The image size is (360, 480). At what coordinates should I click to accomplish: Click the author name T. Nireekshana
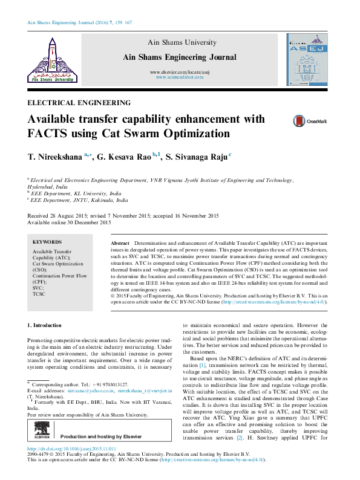pyautogui.click(x=46, y=157)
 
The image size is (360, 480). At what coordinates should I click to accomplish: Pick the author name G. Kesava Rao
pyautogui.click(x=113, y=157)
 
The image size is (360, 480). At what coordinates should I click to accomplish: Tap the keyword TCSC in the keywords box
pyautogui.click(x=39, y=294)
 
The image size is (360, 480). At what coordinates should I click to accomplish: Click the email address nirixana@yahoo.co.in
pyautogui.click(x=83, y=392)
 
